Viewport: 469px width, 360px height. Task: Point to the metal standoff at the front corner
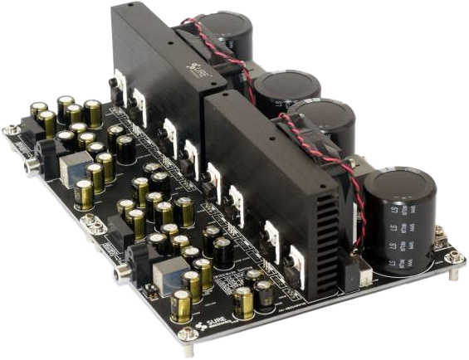coord(188,333)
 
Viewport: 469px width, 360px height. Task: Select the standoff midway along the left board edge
coord(93,224)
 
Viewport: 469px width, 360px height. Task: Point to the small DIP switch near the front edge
coord(151,291)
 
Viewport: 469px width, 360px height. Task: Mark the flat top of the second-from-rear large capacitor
coord(287,84)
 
